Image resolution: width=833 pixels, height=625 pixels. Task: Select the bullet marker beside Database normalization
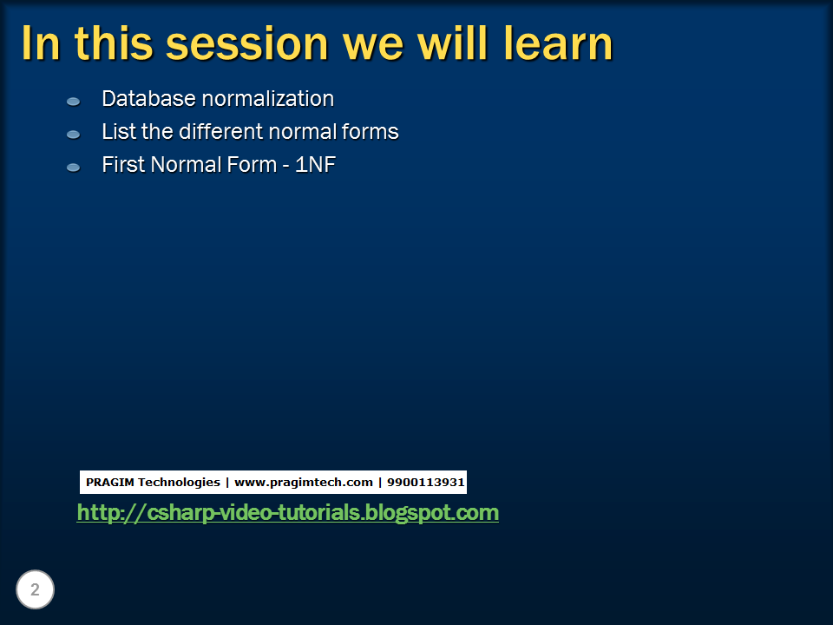coord(74,102)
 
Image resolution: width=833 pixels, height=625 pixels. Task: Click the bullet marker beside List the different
coord(74,135)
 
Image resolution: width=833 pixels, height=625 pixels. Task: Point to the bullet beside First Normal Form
coord(74,167)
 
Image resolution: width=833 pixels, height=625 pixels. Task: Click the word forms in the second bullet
coord(370,132)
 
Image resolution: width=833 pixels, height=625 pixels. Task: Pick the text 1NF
coord(315,164)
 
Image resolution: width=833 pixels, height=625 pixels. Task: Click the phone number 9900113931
coord(425,482)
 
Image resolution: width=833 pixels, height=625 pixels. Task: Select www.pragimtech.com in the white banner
coord(303,482)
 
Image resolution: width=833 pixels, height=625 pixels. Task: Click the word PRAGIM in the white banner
coord(109,482)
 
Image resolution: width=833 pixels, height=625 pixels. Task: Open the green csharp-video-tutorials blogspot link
coord(287,513)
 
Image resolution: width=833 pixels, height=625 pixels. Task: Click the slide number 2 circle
coord(35,590)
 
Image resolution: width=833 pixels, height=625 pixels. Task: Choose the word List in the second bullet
coord(116,132)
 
